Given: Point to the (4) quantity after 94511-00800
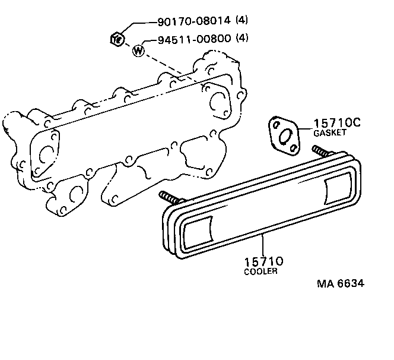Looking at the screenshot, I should click(242, 40).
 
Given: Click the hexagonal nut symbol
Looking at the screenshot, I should click(117, 40).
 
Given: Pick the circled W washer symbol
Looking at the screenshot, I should click(138, 51).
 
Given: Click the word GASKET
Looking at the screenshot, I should click(329, 134).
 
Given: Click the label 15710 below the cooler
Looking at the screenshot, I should click(263, 261).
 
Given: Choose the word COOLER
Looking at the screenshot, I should click(260, 271).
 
